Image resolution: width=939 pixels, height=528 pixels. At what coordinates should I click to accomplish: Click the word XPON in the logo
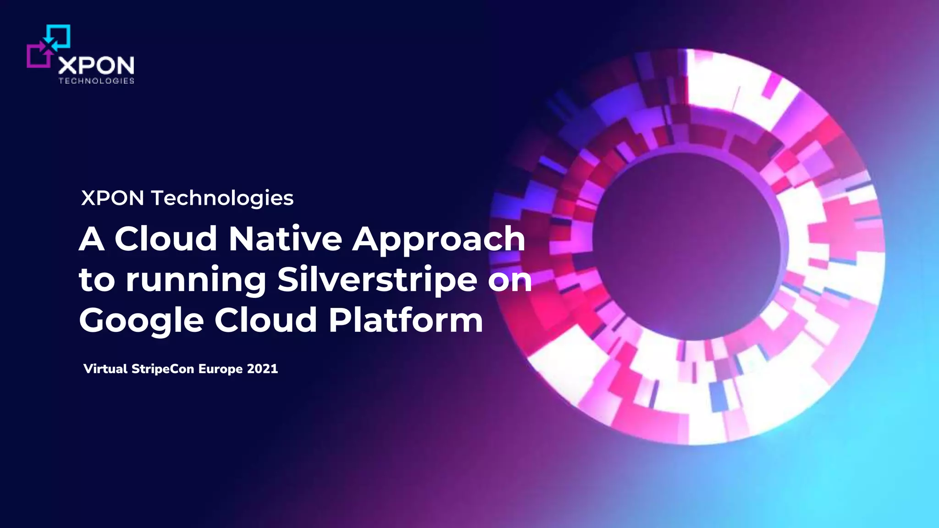point(96,66)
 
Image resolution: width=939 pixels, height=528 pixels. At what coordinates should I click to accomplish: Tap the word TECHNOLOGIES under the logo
point(96,81)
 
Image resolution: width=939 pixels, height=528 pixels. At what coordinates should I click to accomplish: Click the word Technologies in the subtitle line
point(222,198)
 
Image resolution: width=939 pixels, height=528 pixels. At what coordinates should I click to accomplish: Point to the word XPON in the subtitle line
point(112,198)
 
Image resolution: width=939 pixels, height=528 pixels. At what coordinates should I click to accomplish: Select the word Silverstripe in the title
point(377,280)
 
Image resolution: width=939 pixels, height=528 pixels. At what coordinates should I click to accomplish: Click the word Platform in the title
point(406,320)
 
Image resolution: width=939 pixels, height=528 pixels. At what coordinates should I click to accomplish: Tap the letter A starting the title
point(92,239)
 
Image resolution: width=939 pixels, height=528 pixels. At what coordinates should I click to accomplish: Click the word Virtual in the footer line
point(105,369)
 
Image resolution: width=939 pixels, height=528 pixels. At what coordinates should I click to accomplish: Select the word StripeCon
point(163,369)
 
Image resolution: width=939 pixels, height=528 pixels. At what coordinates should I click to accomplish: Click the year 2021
point(262,369)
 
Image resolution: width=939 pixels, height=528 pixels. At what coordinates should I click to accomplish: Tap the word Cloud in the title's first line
point(166,239)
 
